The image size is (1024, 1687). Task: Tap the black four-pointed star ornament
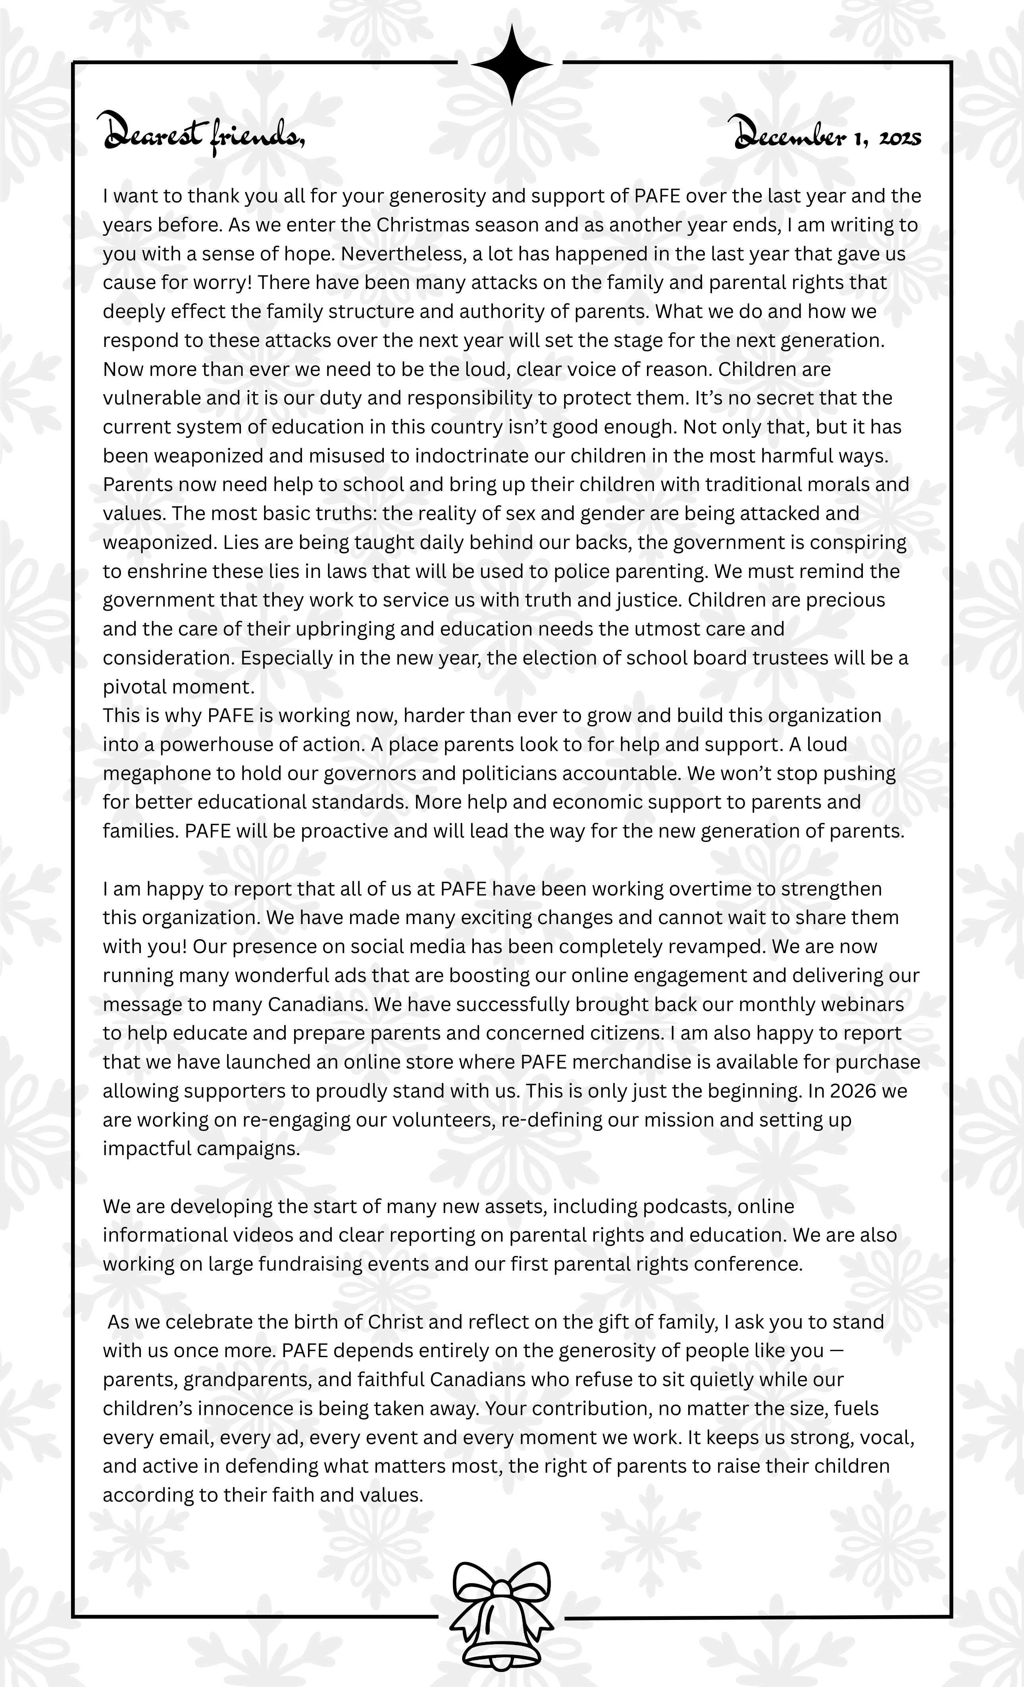pos(511,64)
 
